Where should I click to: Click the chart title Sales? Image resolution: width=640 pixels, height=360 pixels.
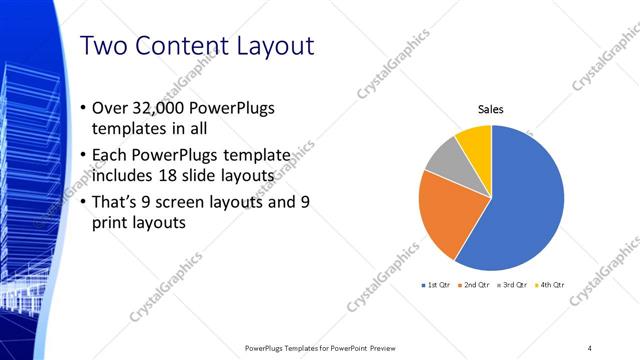coord(490,109)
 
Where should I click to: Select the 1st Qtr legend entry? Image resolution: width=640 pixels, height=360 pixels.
coord(437,285)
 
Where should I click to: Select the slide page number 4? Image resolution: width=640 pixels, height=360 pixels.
coord(589,347)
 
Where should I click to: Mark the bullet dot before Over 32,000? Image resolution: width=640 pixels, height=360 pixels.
coord(82,109)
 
